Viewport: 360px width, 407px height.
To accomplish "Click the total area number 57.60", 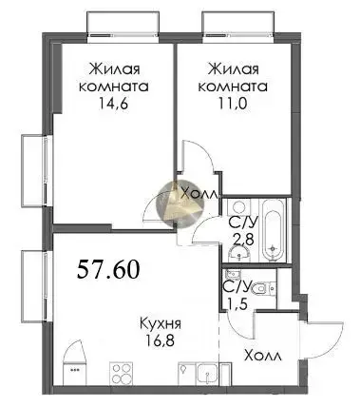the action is coord(108,269).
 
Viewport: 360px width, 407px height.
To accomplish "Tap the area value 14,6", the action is coord(113,103).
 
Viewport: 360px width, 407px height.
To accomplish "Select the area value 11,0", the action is coord(233,103).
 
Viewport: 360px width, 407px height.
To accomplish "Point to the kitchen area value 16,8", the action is coord(161,340).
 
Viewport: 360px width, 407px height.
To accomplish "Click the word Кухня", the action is coord(161,324).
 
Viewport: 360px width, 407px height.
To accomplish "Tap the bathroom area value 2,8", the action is coord(243,240).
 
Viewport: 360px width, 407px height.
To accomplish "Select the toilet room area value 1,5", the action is coord(236,304).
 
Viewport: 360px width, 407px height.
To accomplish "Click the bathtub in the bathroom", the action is coord(273,230).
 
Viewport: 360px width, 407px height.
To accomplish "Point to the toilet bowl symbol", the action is coord(263,288).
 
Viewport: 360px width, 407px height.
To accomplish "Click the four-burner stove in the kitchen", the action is coord(123,374).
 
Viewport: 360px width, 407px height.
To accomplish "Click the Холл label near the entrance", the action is coord(263,357).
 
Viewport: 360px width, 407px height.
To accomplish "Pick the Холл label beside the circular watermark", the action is coord(199,192).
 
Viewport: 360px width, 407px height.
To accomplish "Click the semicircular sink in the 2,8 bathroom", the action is coord(239,254).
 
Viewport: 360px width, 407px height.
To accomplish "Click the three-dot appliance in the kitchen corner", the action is coord(75,370).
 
